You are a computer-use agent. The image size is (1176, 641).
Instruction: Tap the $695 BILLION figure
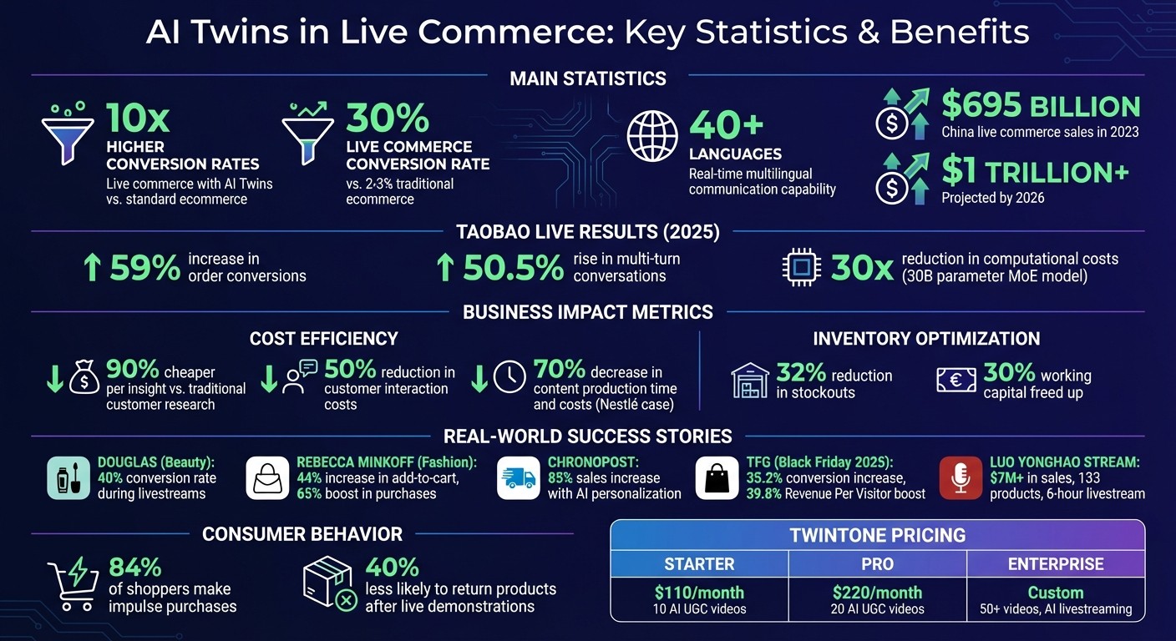point(1041,107)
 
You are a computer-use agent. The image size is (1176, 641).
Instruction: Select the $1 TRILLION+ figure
point(1035,171)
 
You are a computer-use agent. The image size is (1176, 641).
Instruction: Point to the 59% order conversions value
point(143,268)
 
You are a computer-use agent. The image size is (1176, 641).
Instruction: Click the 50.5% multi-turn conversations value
point(513,268)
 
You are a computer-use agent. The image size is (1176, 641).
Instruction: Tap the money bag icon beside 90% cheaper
point(84,381)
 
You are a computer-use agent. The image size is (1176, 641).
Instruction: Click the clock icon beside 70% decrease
point(510,378)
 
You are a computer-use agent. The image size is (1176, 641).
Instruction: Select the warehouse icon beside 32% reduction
point(749,381)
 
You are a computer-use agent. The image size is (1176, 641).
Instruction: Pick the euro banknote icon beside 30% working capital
point(955,381)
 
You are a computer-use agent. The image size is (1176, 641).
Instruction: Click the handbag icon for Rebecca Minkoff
point(267,478)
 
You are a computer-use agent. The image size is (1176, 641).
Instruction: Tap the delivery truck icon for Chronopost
point(518,478)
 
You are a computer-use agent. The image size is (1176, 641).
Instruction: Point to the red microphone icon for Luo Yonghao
point(961,478)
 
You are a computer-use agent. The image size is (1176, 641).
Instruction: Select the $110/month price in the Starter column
point(698,593)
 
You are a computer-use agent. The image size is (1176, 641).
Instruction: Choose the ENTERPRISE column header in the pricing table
point(1056,563)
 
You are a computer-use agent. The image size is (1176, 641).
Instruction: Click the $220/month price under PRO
point(877,593)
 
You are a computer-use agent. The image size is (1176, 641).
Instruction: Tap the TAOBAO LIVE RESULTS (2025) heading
point(588,231)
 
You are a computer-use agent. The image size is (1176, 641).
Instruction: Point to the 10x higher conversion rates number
point(138,119)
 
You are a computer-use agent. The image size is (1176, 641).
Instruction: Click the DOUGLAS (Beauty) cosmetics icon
point(68,478)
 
